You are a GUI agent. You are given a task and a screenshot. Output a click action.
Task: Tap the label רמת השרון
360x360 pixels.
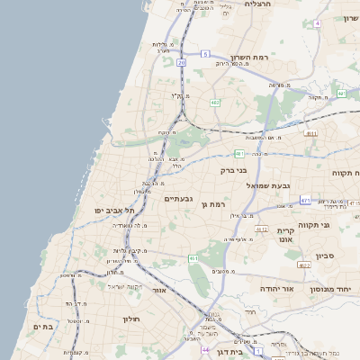250,56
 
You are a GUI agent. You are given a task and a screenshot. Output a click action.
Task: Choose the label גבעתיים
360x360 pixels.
179,199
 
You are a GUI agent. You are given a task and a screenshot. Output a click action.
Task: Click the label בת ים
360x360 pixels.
43,327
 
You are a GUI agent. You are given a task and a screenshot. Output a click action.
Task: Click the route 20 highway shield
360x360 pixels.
182,62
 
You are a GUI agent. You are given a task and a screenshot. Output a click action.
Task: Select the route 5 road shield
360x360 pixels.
205,54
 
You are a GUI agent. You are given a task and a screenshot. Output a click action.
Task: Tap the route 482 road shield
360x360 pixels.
215,103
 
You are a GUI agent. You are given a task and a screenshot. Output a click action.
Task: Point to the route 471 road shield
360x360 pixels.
305,200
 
